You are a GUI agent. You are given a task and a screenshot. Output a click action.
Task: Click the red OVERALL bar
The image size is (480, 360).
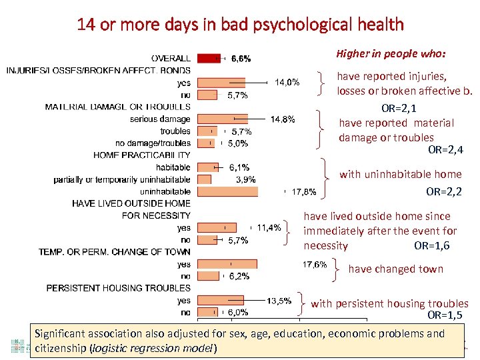[x=209, y=58]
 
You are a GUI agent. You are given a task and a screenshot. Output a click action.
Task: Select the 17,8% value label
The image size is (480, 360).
[x=304, y=192]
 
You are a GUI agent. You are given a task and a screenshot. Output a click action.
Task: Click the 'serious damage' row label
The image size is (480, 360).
[x=160, y=119]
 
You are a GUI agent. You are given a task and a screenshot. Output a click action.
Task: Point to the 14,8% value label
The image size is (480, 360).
[x=283, y=119]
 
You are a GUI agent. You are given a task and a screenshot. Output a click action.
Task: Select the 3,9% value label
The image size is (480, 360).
[x=246, y=179]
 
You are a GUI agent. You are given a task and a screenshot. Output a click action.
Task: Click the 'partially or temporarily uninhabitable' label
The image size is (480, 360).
[x=122, y=179]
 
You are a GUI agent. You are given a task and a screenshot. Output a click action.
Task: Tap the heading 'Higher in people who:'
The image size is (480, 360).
[x=391, y=53]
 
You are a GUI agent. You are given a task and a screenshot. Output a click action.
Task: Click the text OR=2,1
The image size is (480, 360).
[x=399, y=108]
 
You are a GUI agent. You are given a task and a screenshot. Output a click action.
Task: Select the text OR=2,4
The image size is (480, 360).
[x=445, y=150]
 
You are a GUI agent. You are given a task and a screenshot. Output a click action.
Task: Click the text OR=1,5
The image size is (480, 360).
[x=445, y=315]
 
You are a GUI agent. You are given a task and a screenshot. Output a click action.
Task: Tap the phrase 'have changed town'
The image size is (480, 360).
[x=395, y=269]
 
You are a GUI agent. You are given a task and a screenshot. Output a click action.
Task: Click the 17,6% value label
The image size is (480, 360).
[x=315, y=264]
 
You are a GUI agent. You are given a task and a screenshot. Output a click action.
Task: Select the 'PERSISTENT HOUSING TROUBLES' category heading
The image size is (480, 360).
[x=118, y=288]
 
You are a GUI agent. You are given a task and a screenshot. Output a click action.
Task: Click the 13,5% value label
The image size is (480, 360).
[x=279, y=300]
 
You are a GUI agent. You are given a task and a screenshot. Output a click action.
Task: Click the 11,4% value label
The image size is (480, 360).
[x=269, y=227]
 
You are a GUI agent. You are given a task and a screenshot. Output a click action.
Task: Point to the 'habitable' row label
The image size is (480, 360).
[x=173, y=167]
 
